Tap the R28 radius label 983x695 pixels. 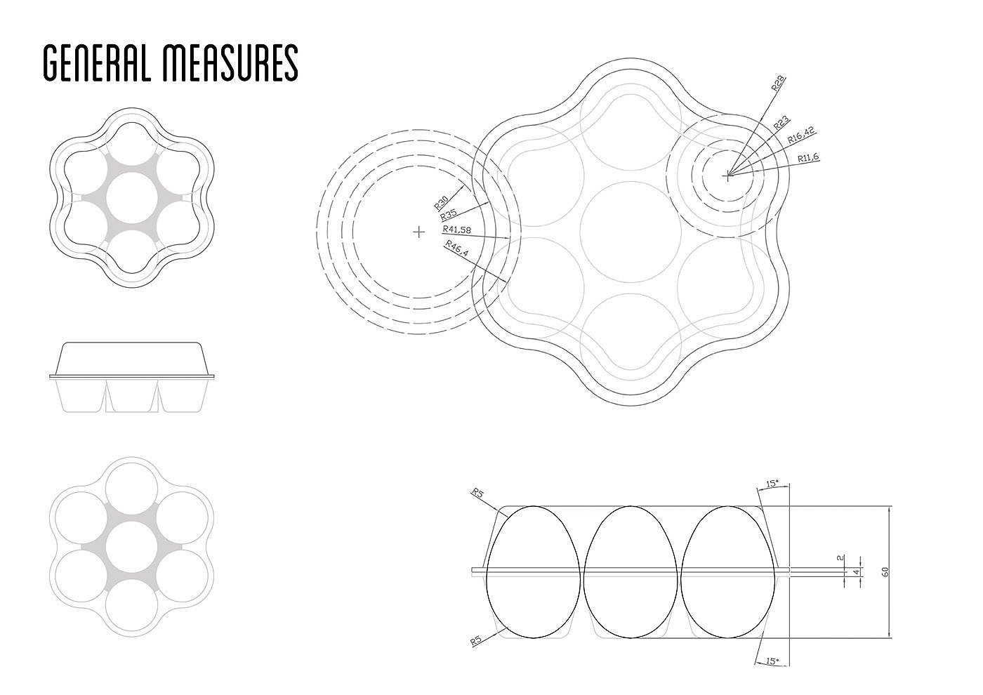click(778, 84)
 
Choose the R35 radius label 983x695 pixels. click(448, 216)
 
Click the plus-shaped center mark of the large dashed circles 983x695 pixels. click(419, 231)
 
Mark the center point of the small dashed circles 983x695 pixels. click(728, 176)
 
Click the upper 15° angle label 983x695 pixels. click(772, 484)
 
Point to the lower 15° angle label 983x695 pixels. click(772, 661)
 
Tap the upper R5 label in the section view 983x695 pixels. click(479, 494)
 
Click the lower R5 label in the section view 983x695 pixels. click(477, 641)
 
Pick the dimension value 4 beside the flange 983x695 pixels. click(855, 573)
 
